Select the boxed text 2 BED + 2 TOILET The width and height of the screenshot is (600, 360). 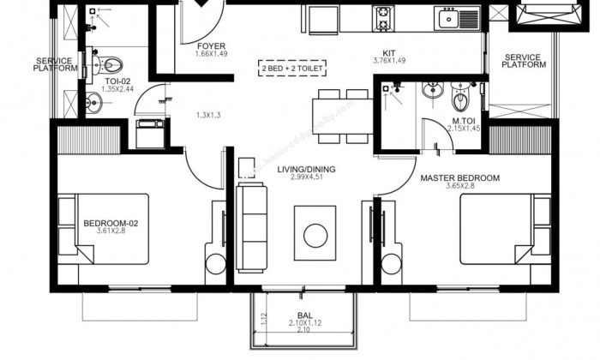tap(294, 68)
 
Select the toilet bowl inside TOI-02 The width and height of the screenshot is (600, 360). tap(115, 64)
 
